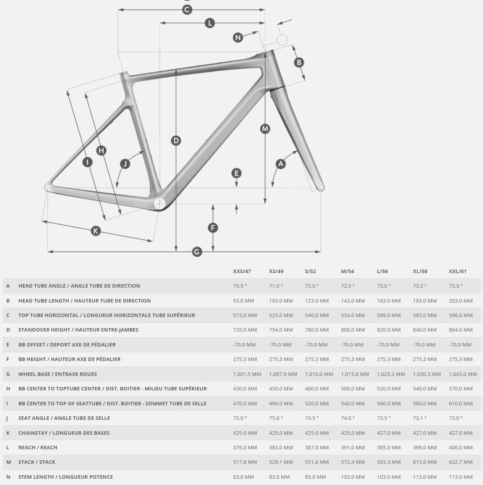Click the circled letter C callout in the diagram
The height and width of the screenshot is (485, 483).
point(187,9)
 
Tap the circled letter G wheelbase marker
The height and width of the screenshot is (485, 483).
point(197,252)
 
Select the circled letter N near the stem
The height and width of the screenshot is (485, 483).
point(238,38)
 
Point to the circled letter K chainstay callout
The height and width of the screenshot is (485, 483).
point(96,231)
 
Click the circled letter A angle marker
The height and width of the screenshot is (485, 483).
point(280,164)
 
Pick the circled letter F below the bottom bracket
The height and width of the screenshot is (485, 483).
point(213,228)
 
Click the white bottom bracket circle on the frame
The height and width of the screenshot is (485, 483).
point(160,204)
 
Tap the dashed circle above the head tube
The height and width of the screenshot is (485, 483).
point(282,39)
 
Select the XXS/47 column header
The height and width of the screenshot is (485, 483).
point(242,271)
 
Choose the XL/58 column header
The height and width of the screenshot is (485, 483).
point(420,271)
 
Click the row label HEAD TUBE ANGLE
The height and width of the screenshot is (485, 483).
point(79,286)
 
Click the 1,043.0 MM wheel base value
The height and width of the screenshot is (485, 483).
point(463,374)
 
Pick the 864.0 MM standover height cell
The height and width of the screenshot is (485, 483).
point(461,330)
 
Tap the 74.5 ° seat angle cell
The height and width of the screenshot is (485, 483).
point(312,418)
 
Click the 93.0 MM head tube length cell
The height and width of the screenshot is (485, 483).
point(243,301)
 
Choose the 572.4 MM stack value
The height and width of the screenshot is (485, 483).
point(353,462)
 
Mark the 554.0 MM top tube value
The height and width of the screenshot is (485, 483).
point(353,315)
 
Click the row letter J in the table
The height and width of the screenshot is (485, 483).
point(7,418)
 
